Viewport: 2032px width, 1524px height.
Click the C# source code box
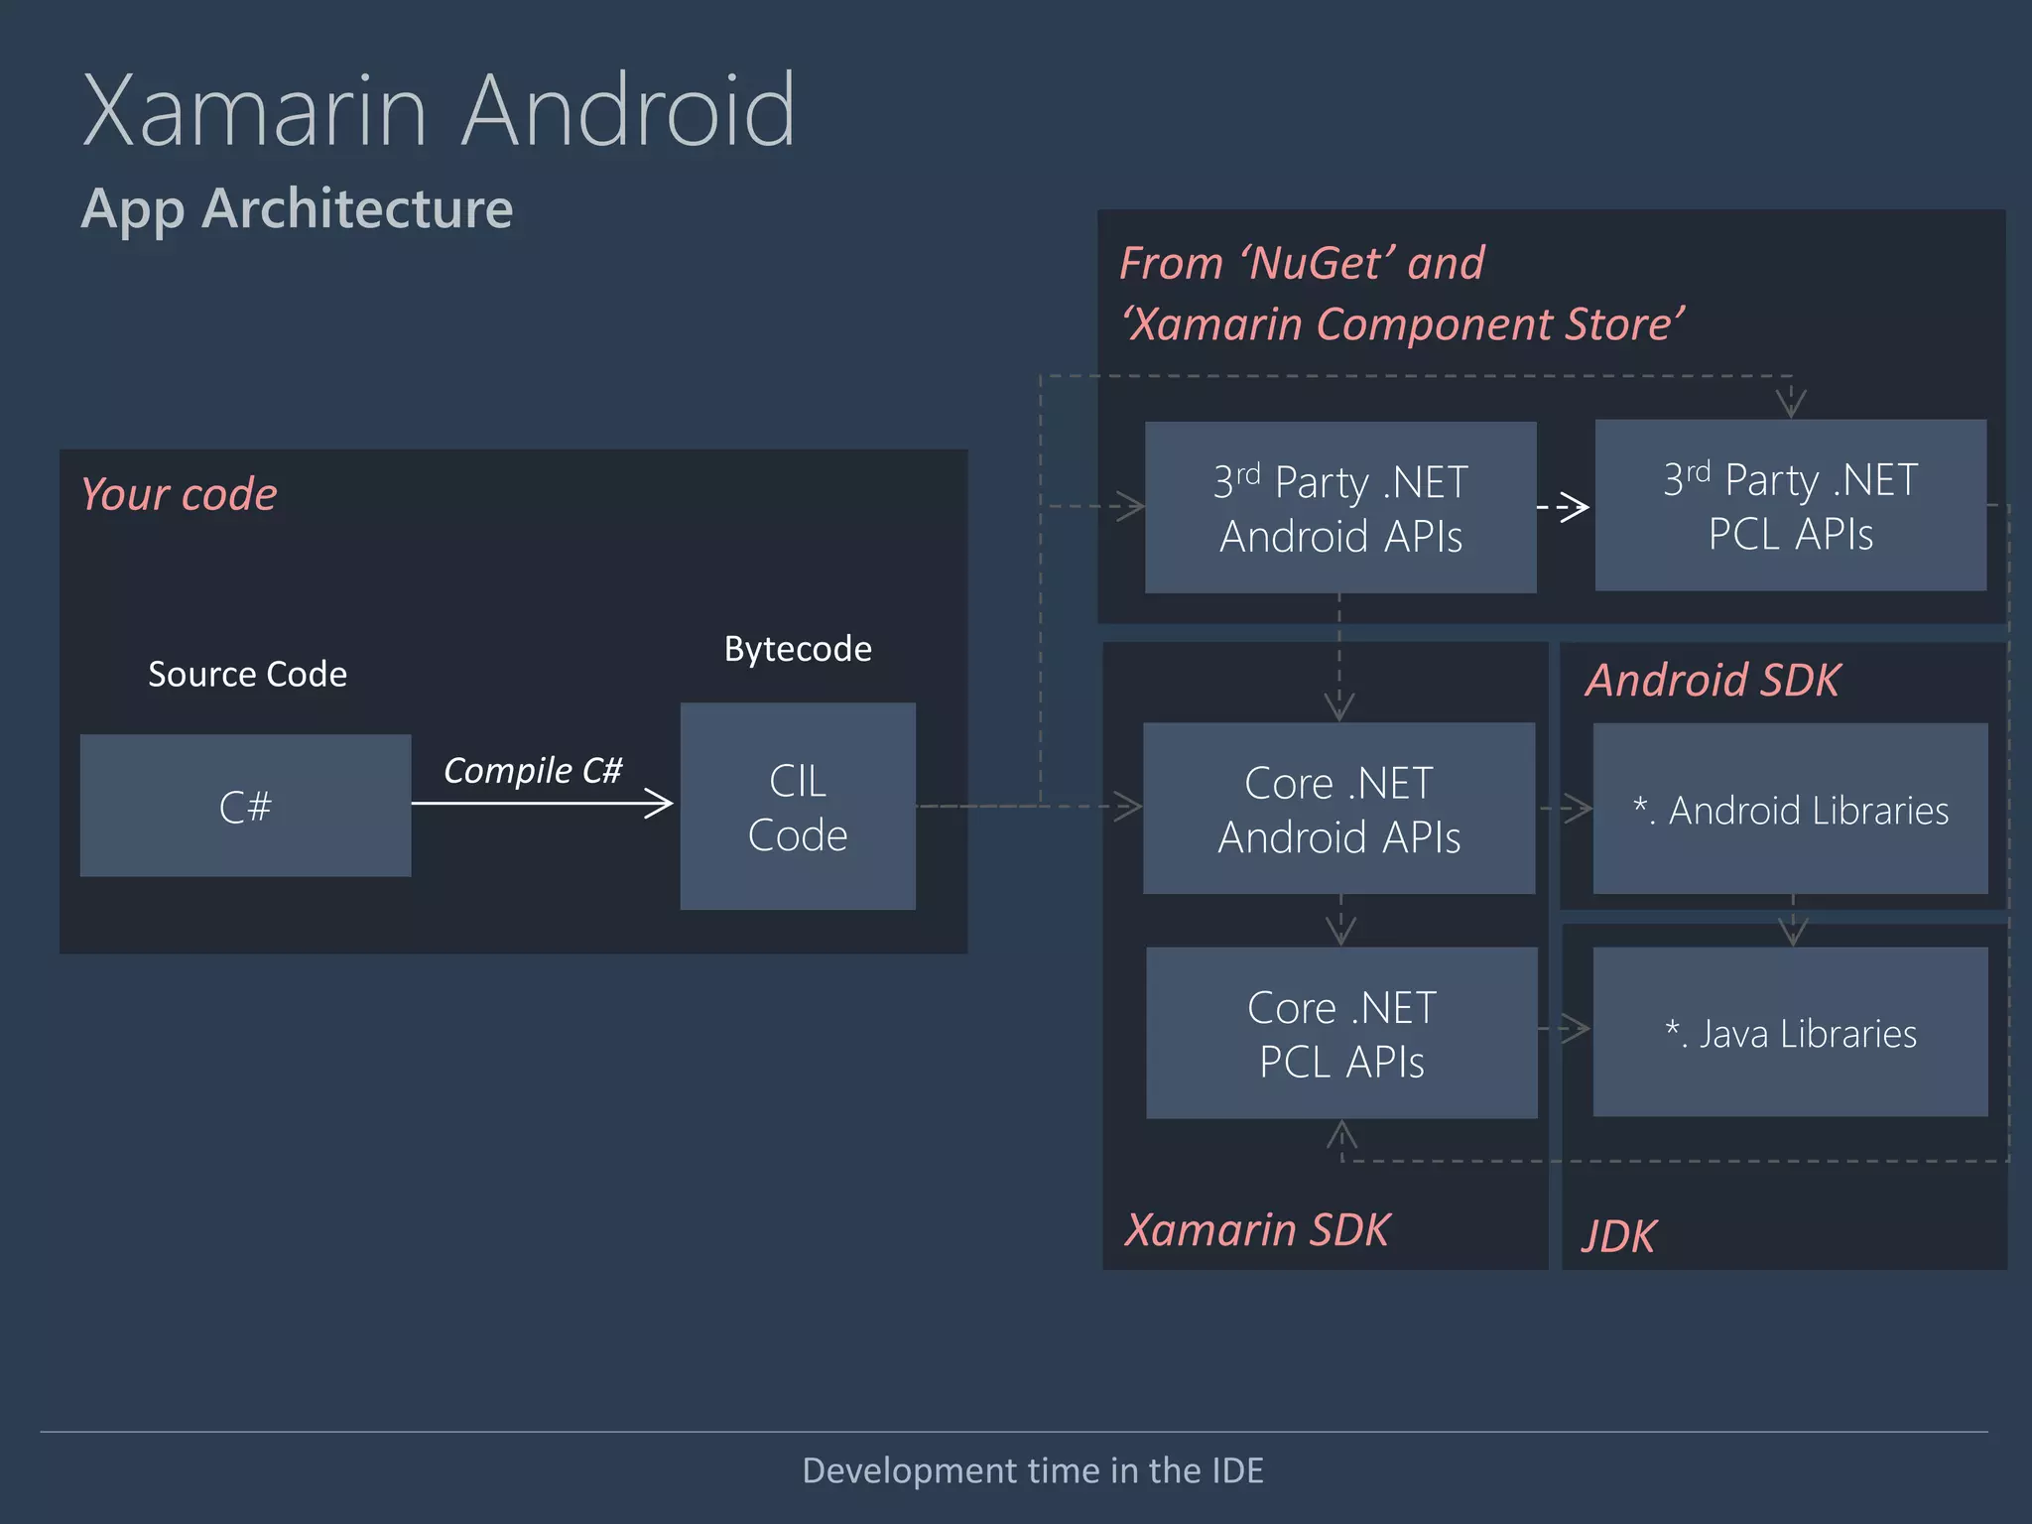click(245, 806)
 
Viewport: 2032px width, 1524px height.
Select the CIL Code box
click(798, 807)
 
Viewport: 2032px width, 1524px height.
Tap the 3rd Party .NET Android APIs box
click(1340, 508)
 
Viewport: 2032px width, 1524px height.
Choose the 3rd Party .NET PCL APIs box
click(1790, 506)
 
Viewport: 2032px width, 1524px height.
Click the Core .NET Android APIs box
click(1338, 809)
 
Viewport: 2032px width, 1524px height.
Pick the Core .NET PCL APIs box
click(1341, 1033)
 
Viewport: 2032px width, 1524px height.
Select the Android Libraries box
click(1790, 809)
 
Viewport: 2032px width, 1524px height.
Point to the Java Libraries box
click(1790, 1033)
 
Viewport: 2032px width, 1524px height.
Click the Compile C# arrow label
click(533, 770)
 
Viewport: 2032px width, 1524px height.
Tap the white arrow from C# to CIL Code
click(542, 803)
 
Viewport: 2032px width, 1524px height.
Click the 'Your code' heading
click(179, 494)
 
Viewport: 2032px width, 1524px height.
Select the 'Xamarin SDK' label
click(1257, 1229)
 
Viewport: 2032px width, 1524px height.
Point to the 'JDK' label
click(1618, 1236)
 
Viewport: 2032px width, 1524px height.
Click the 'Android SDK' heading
click(1713, 681)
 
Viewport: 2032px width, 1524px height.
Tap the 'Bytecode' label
click(798, 649)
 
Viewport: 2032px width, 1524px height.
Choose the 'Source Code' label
click(247, 675)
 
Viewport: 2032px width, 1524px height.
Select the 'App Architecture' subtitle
click(297, 208)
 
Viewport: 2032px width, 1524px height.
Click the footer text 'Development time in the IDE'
click(1033, 1470)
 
